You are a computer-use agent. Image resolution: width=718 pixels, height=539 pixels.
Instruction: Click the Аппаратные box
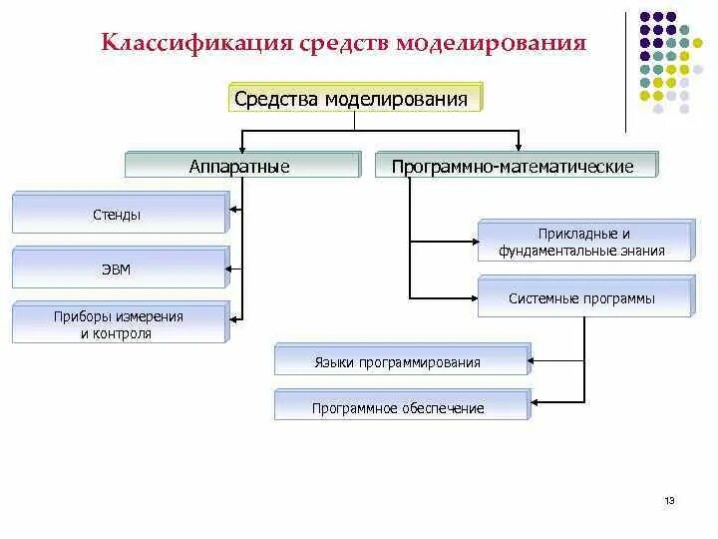point(240,166)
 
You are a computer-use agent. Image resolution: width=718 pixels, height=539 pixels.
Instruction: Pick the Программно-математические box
point(516,166)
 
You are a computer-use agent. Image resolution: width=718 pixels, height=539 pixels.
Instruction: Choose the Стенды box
point(120,214)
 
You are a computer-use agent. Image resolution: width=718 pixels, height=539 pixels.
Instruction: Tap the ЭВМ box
point(120,269)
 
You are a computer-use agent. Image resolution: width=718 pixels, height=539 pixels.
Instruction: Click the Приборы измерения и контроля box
point(120,324)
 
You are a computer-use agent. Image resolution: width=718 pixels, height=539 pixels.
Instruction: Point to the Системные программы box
point(584,298)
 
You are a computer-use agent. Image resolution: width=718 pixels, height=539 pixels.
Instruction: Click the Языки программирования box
point(401,361)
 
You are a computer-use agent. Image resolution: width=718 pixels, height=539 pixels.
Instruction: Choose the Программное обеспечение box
point(401,407)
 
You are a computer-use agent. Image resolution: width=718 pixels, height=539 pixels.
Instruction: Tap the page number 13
point(669,500)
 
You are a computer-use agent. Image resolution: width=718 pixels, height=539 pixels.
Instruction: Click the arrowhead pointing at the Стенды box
point(234,210)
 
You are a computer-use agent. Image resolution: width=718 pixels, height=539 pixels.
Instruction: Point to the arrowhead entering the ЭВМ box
point(234,267)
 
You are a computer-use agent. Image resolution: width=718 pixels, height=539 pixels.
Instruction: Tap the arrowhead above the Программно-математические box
point(517,146)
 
